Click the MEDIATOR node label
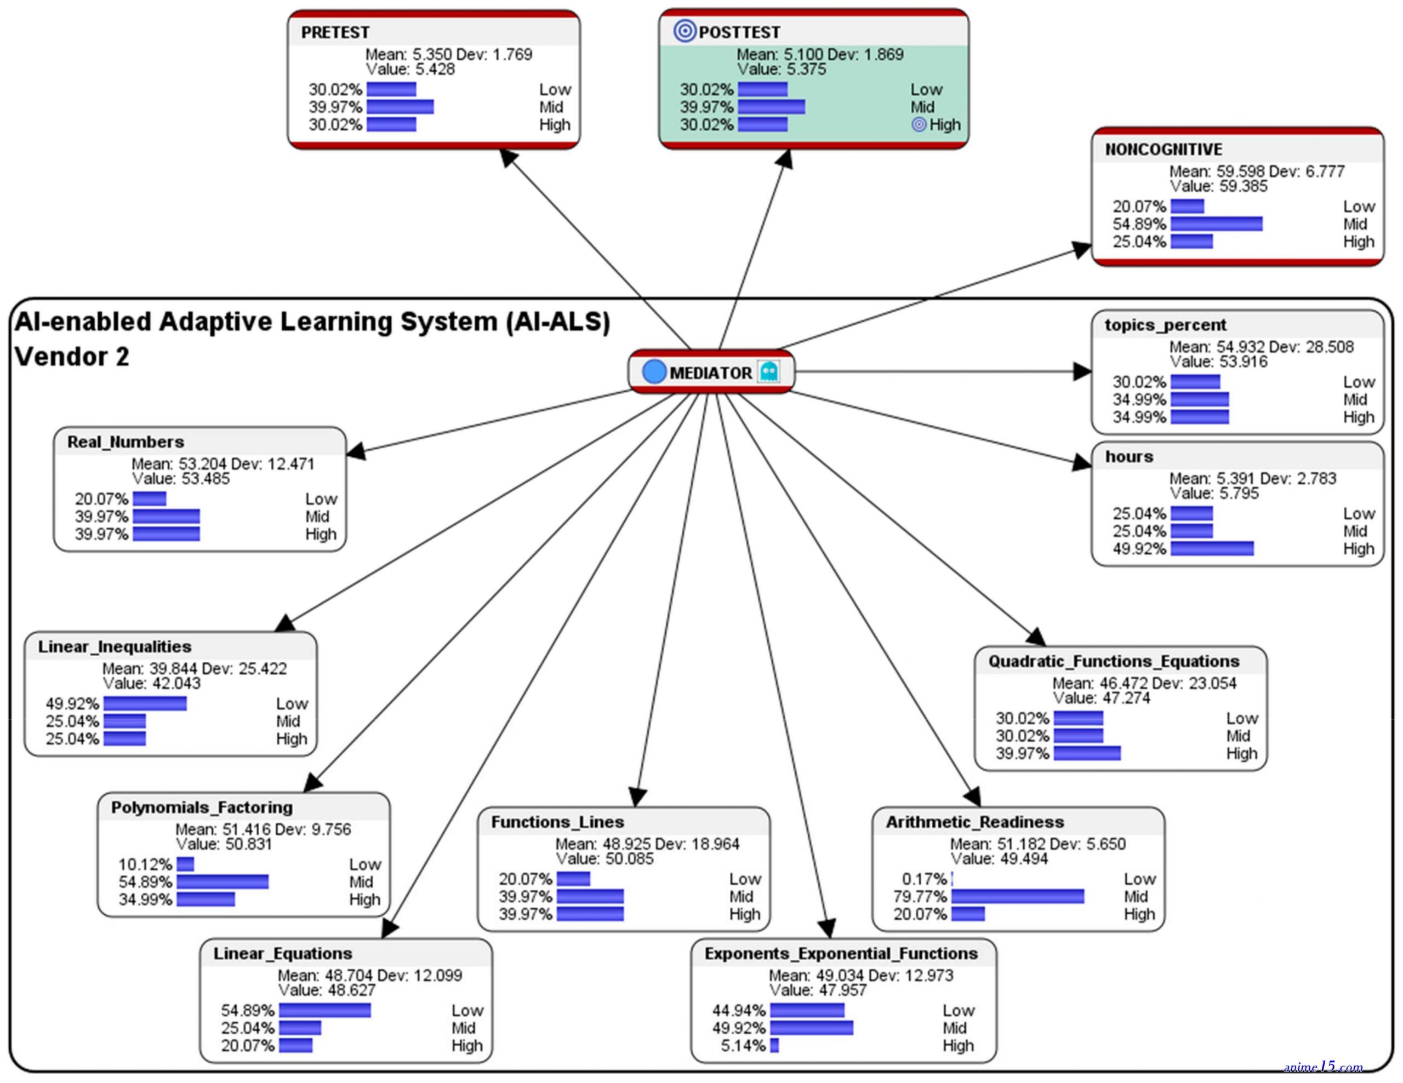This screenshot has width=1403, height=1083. [x=710, y=373]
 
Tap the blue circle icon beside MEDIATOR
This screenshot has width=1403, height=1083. [x=654, y=372]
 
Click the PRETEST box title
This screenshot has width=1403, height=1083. [x=335, y=32]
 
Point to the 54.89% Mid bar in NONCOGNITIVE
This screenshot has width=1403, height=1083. [x=1216, y=224]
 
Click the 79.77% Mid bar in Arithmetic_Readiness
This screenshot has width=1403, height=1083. [x=1018, y=896]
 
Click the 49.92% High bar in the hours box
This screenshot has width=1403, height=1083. [x=1212, y=548]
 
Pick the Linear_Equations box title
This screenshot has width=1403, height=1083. [x=283, y=953]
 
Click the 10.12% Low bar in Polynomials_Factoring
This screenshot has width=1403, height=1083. [x=185, y=864]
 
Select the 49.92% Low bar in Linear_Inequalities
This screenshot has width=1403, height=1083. [x=145, y=703]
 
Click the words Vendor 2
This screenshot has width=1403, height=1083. [x=72, y=356]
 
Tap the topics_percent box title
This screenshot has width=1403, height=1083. [x=1165, y=325]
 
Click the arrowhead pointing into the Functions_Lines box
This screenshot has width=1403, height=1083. [x=637, y=798]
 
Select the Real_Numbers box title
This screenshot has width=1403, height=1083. [x=126, y=442]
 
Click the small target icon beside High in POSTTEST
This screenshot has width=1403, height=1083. [x=919, y=124]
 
